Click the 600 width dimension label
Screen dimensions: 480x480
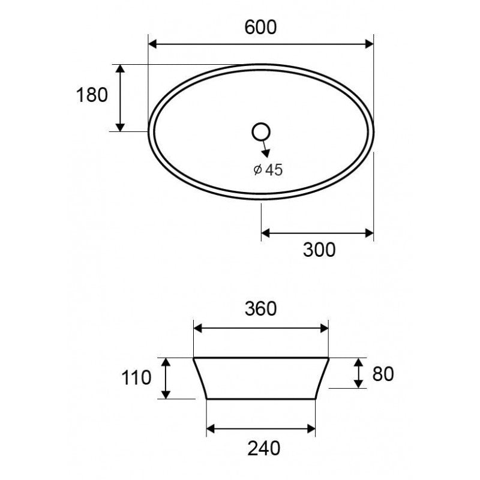click(x=260, y=28)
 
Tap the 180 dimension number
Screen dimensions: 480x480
click(x=92, y=95)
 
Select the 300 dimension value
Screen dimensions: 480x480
click(x=319, y=250)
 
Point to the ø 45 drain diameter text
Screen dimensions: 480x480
click(x=268, y=170)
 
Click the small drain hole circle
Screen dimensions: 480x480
click(x=262, y=131)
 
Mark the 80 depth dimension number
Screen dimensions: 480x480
click(x=382, y=374)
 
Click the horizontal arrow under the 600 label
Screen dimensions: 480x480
click(x=260, y=44)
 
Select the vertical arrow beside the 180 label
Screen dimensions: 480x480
click(x=120, y=98)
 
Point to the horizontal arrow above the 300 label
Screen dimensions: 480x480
click(x=317, y=233)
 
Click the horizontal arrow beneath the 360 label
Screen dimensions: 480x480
click(x=260, y=328)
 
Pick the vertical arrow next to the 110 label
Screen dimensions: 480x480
click(x=166, y=378)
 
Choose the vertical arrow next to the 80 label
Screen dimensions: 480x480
click(x=358, y=373)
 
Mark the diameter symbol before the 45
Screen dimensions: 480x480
click(x=257, y=170)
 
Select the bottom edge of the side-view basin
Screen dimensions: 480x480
click(x=260, y=398)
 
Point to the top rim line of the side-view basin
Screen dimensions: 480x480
click(x=260, y=358)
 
